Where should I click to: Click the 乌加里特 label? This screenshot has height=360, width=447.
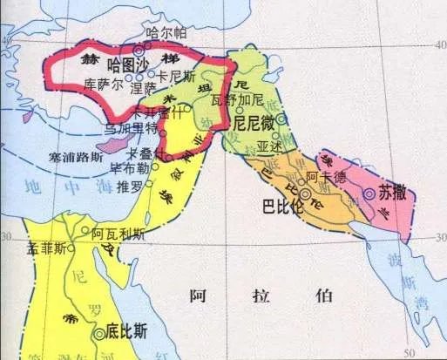pos(128,128)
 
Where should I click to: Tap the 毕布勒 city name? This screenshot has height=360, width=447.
pos(130,169)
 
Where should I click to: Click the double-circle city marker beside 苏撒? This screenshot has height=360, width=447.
pos(369,194)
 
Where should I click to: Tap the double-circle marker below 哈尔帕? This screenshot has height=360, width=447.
pos(138,51)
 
